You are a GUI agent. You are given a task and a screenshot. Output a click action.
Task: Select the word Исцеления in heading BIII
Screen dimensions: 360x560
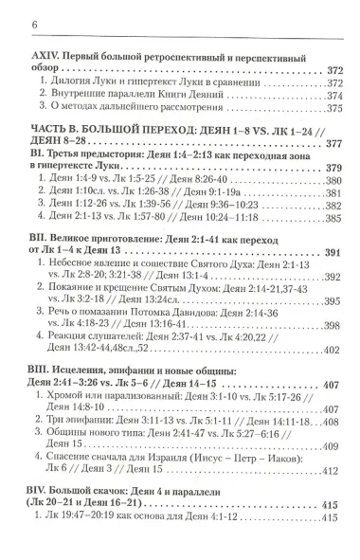point(81,404)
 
